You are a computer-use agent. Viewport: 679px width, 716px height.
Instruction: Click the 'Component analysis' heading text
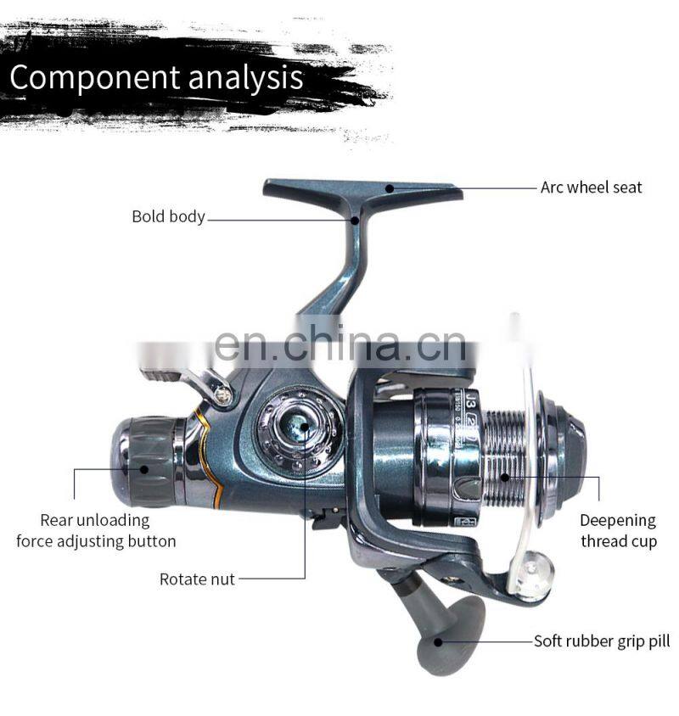156,77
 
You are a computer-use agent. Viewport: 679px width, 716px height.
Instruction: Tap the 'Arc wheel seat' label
591,187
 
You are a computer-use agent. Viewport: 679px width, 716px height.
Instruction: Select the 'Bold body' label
168,216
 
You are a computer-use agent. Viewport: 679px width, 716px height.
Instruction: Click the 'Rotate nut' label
197,579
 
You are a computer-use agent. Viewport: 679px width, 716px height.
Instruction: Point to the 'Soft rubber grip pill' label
601,641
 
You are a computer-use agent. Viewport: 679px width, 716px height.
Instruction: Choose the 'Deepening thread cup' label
618,531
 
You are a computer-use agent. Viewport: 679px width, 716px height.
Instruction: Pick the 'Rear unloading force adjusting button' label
96,531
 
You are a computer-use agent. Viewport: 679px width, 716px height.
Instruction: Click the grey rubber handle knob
450,633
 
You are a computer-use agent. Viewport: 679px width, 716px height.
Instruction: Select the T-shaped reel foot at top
362,192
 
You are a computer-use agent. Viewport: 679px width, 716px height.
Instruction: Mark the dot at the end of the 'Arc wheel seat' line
390,187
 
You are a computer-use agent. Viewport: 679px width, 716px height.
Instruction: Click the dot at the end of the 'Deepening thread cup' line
506,477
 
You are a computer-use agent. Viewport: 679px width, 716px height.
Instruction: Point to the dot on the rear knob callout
144,468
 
